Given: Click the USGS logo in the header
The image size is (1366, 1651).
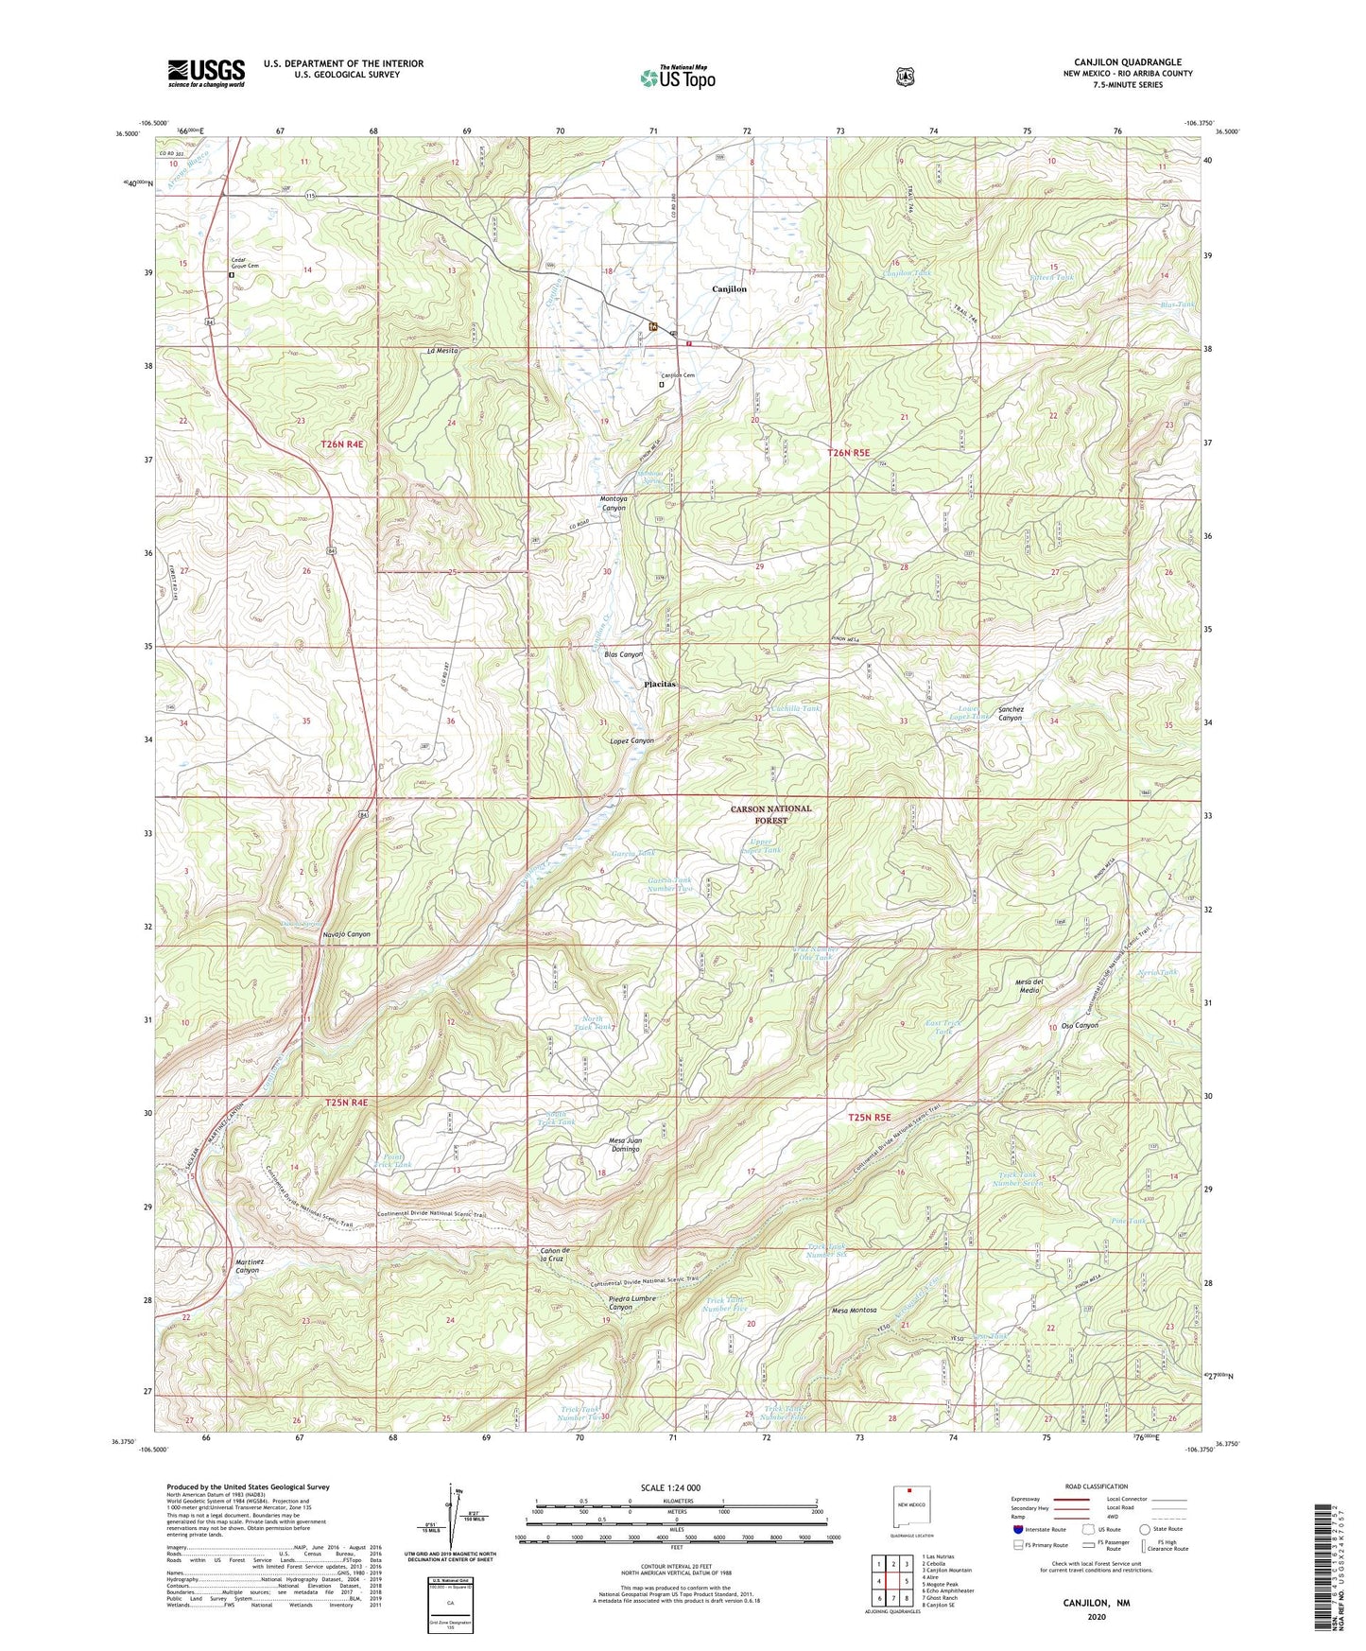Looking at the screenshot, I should [206, 73].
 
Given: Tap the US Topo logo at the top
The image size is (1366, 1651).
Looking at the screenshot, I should [677, 77].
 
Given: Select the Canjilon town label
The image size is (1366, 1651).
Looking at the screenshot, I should [729, 289].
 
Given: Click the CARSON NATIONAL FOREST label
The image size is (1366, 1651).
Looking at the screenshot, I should [770, 814].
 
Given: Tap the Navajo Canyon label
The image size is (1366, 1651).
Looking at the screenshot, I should [341, 934].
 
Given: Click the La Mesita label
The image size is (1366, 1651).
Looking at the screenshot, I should [442, 351].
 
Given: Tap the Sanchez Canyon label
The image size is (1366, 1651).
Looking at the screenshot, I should [1010, 713].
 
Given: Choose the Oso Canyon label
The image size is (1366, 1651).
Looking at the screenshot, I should [1080, 1026].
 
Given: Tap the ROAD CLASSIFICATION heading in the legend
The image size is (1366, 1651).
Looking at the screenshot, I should [1096, 1487].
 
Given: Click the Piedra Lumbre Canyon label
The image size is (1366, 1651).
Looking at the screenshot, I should [632, 1303].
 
